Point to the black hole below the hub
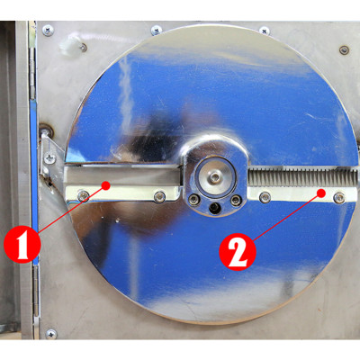tap(213, 208)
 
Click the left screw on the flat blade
tap(84, 194)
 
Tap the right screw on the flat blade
tap(159, 195)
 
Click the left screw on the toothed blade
tap(264, 196)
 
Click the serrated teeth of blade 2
tap(297, 179)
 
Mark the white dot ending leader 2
tap(320, 190)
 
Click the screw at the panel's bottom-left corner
tap(50, 332)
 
